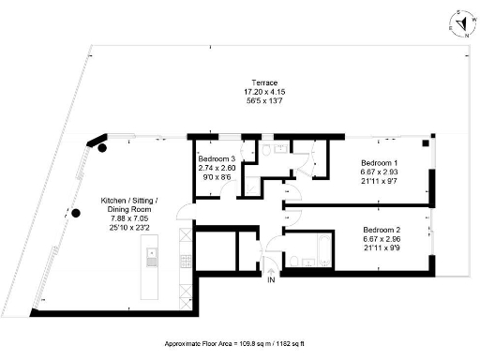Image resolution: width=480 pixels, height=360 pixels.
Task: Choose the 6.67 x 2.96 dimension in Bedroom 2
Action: tap(382, 238)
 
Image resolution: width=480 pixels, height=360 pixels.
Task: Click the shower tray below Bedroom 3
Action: tap(251, 182)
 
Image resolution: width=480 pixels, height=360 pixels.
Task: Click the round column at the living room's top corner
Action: tap(103, 148)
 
